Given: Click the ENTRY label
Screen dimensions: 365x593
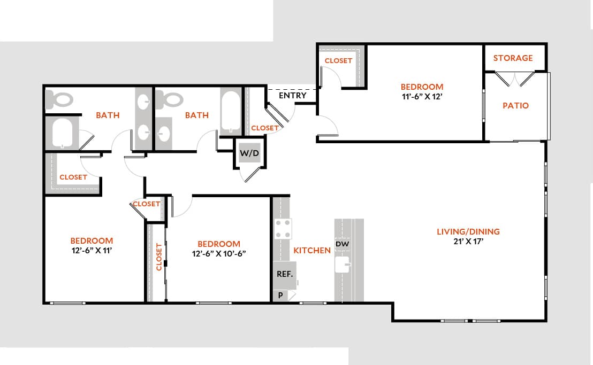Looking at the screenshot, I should click(x=293, y=96).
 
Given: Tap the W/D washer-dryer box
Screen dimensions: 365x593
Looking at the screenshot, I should click(x=249, y=154).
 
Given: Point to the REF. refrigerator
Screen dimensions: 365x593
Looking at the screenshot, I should click(x=284, y=274).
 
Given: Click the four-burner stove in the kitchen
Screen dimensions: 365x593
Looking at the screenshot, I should click(x=283, y=229).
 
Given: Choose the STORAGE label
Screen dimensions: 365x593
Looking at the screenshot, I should click(x=513, y=58).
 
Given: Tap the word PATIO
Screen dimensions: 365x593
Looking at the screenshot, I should click(x=515, y=105).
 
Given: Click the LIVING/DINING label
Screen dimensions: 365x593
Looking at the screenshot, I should click(x=468, y=231).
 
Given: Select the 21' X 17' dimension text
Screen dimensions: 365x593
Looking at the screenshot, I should click(x=468, y=241).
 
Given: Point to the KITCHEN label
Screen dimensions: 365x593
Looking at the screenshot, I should click(x=312, y=250).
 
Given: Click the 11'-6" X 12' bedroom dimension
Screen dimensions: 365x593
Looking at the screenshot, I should click(x=422, y=97).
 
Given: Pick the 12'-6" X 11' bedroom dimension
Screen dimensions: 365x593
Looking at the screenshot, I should click(x=92, y=251).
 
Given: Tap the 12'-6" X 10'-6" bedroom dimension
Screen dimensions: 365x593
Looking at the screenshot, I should click(x=218, y=253).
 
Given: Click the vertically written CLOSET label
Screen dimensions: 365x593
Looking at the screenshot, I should click(x=159, y=257).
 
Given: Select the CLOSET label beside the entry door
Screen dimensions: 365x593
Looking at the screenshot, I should click(x=264, y=128).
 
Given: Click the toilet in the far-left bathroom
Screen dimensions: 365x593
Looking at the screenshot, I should click(x=59, y=99).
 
